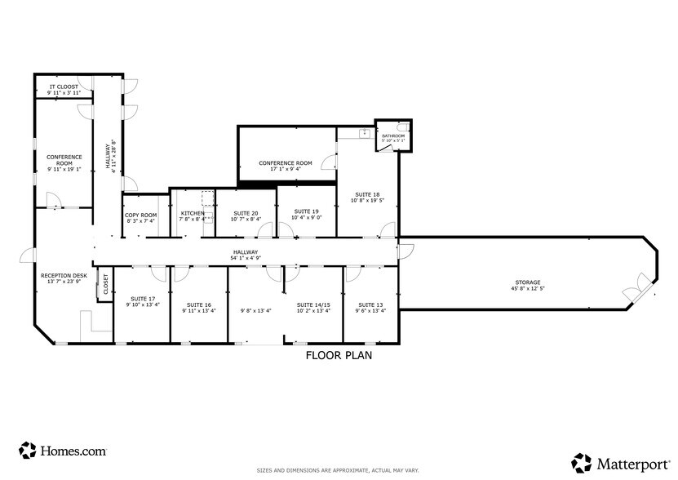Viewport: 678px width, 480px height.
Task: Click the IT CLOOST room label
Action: [64, 87]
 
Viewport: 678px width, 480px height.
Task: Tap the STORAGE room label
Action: [528, 282]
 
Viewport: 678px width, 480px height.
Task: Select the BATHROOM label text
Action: [393, 136]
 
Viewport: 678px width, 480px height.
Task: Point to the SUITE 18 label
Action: [366, 194]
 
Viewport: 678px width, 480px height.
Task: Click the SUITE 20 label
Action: [246, 212]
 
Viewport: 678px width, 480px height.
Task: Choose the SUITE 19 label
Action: [307, 211]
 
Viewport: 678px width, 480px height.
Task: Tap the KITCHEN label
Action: [193, 213]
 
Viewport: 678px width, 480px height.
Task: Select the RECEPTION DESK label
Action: [64, 276]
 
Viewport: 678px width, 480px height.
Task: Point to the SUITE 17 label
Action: [142, 299]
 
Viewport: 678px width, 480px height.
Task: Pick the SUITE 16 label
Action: [198, 304]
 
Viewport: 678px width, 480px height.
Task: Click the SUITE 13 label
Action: [370, 304]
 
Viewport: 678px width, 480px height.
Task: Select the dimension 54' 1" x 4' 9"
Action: [246, 259]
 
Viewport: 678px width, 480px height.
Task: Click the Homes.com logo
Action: [63, 450]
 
